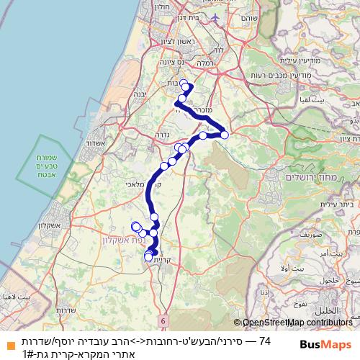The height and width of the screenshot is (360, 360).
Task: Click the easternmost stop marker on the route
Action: tap(225, 134)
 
